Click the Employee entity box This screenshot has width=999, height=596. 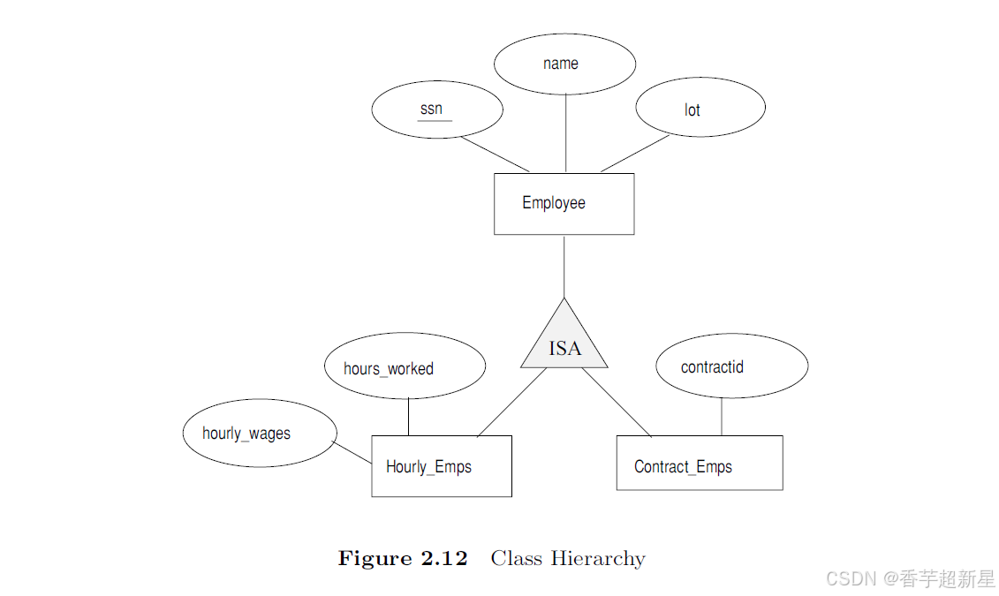click(564, 204)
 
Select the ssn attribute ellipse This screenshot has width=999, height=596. click(437, 110)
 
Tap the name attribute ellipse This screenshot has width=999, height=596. click(564, 64)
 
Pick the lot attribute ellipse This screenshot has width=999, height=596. click(700, 108)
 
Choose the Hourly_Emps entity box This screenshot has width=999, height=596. click(442, 466)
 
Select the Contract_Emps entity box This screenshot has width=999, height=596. click(699, 463)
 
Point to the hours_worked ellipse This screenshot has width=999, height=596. click(405, 366)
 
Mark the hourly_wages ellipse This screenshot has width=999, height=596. click(260, 433)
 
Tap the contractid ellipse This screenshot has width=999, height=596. click(731, 366)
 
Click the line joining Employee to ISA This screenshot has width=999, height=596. click(564, 265)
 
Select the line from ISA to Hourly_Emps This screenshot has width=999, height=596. click(512, 402)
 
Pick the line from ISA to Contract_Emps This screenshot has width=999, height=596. click(617, 402)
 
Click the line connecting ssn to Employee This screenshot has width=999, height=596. click(494, 154)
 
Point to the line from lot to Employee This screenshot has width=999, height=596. click(634, 154)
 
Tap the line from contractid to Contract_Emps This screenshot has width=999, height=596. click(722, 417)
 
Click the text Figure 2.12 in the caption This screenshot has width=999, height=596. click(403, 559)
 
